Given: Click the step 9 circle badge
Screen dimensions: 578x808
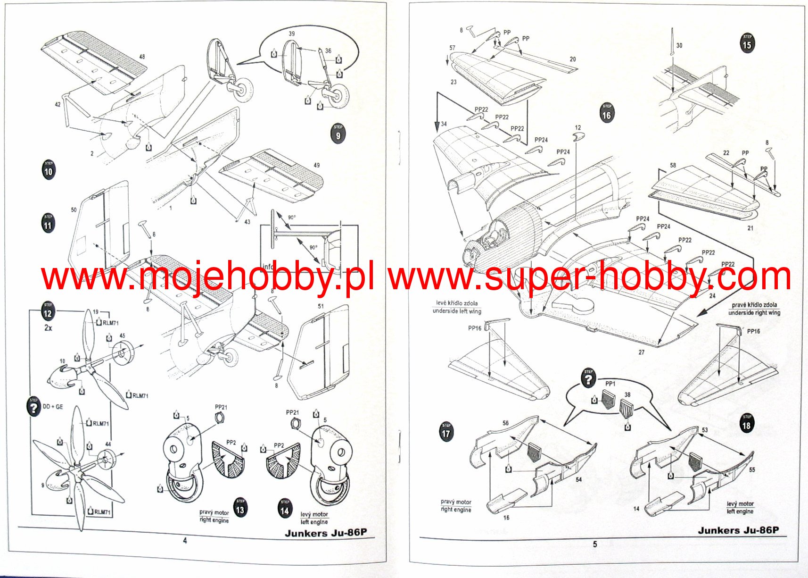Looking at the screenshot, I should point(338,134).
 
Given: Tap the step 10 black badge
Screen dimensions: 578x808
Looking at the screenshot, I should point(49,170).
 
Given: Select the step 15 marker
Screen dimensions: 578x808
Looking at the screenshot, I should point(747,44).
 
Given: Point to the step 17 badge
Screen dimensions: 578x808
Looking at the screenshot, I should point(446,432).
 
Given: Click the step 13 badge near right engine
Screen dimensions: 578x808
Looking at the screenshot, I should point(240,508).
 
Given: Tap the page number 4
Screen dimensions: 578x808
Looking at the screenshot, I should point(185,541).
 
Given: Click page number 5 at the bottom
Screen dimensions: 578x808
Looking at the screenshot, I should point(594,544).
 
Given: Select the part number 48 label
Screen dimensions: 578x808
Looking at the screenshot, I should point(142,57).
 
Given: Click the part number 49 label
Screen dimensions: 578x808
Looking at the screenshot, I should point(316,165).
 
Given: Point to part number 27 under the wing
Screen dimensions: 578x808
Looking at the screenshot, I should point(641,352).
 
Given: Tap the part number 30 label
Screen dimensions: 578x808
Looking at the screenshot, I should point(679,46).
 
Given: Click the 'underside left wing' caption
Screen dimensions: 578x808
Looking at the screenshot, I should point(457,311).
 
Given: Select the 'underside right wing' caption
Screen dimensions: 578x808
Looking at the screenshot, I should point(754,312).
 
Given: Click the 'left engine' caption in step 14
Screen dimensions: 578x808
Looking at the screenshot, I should point(313,522).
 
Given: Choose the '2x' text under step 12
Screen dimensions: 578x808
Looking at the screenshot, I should point(48,327).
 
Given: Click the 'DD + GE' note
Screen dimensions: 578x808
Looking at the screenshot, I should point(53,407).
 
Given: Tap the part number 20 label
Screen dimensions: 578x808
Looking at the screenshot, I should point(572,59).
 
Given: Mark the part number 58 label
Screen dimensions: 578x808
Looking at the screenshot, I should point(673,165).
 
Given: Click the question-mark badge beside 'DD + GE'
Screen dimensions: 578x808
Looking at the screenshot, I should point(34,407).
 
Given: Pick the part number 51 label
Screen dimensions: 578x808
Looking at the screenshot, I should point(321,306).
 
